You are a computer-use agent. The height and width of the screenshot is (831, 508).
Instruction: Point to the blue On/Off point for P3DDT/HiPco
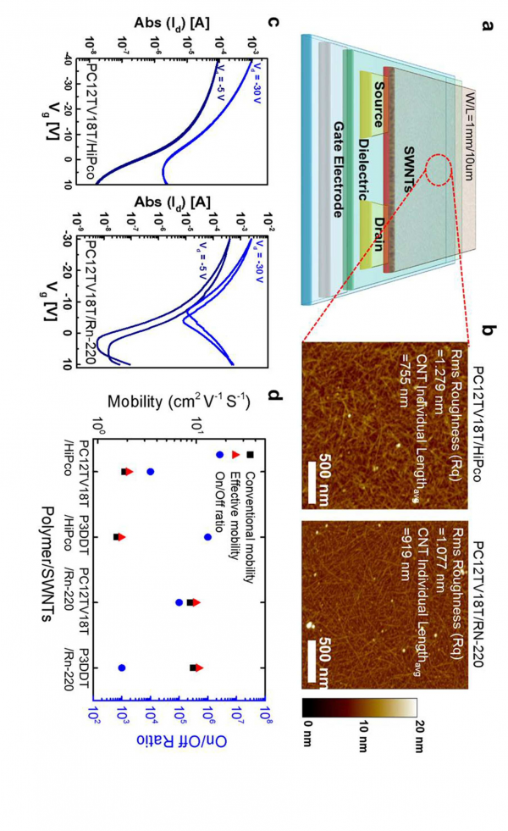pos(208,537)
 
